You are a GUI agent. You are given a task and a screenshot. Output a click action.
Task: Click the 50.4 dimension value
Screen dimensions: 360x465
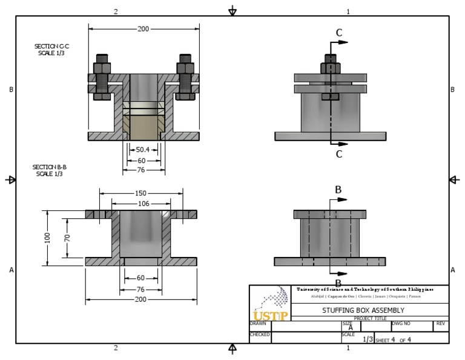click(x=143, y=149)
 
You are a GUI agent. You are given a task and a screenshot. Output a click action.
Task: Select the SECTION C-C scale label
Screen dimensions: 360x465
click(x=51, y=50)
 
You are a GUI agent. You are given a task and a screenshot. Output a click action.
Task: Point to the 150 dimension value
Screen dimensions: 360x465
click(x=140, y=193)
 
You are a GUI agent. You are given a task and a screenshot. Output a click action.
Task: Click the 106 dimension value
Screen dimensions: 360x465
click(x=143, y=204)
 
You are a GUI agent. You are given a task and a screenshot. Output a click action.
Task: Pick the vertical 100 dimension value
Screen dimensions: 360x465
click(x=47, y=238)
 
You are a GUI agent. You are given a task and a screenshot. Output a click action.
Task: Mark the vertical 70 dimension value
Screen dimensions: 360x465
click(x=67, y=238)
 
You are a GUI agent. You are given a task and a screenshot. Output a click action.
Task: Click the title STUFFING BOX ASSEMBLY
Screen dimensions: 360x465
click(x=362, y=310)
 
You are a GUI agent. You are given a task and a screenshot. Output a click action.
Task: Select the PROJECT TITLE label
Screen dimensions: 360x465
click(x=370, y=318)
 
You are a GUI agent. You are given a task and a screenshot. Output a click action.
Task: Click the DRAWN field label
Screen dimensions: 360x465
click(x=258, y=324)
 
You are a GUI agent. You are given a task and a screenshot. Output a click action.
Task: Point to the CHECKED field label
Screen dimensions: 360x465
click(x=260, y=334)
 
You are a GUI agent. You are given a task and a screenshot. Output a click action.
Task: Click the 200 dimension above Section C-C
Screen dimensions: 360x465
click(x=143, y=28)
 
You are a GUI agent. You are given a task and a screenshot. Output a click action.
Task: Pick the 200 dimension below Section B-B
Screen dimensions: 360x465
click(x=140, y=299)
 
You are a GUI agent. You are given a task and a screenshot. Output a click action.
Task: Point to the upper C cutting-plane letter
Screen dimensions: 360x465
click(x=339, y=32)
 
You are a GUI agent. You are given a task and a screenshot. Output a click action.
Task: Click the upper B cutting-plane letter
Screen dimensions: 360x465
click(x=338, y=189)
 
